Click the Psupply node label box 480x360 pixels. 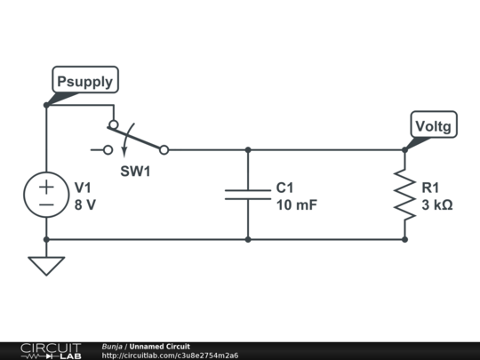[85, 80]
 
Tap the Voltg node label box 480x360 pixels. [434, 124]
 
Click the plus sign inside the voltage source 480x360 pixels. [46, 187]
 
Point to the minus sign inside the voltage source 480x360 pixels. [46, 204]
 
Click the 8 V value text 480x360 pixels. [85, 204]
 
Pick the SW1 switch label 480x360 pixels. [135, 172]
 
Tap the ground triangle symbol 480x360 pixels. [46, 266]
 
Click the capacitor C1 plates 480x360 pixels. [248, 195]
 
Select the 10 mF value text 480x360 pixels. [297, 204]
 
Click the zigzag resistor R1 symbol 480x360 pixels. [404, 195]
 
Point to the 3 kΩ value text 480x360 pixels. [437, 204]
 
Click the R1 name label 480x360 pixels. [430, 188]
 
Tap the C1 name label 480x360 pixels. [284, 188]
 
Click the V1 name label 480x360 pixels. [83, 188]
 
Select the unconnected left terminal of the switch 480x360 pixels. [108, 150]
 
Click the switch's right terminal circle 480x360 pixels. [164, 150]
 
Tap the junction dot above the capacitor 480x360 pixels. [248, 150]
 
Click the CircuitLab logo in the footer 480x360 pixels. [51, 351]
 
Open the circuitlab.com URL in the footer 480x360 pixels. [170, 356]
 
